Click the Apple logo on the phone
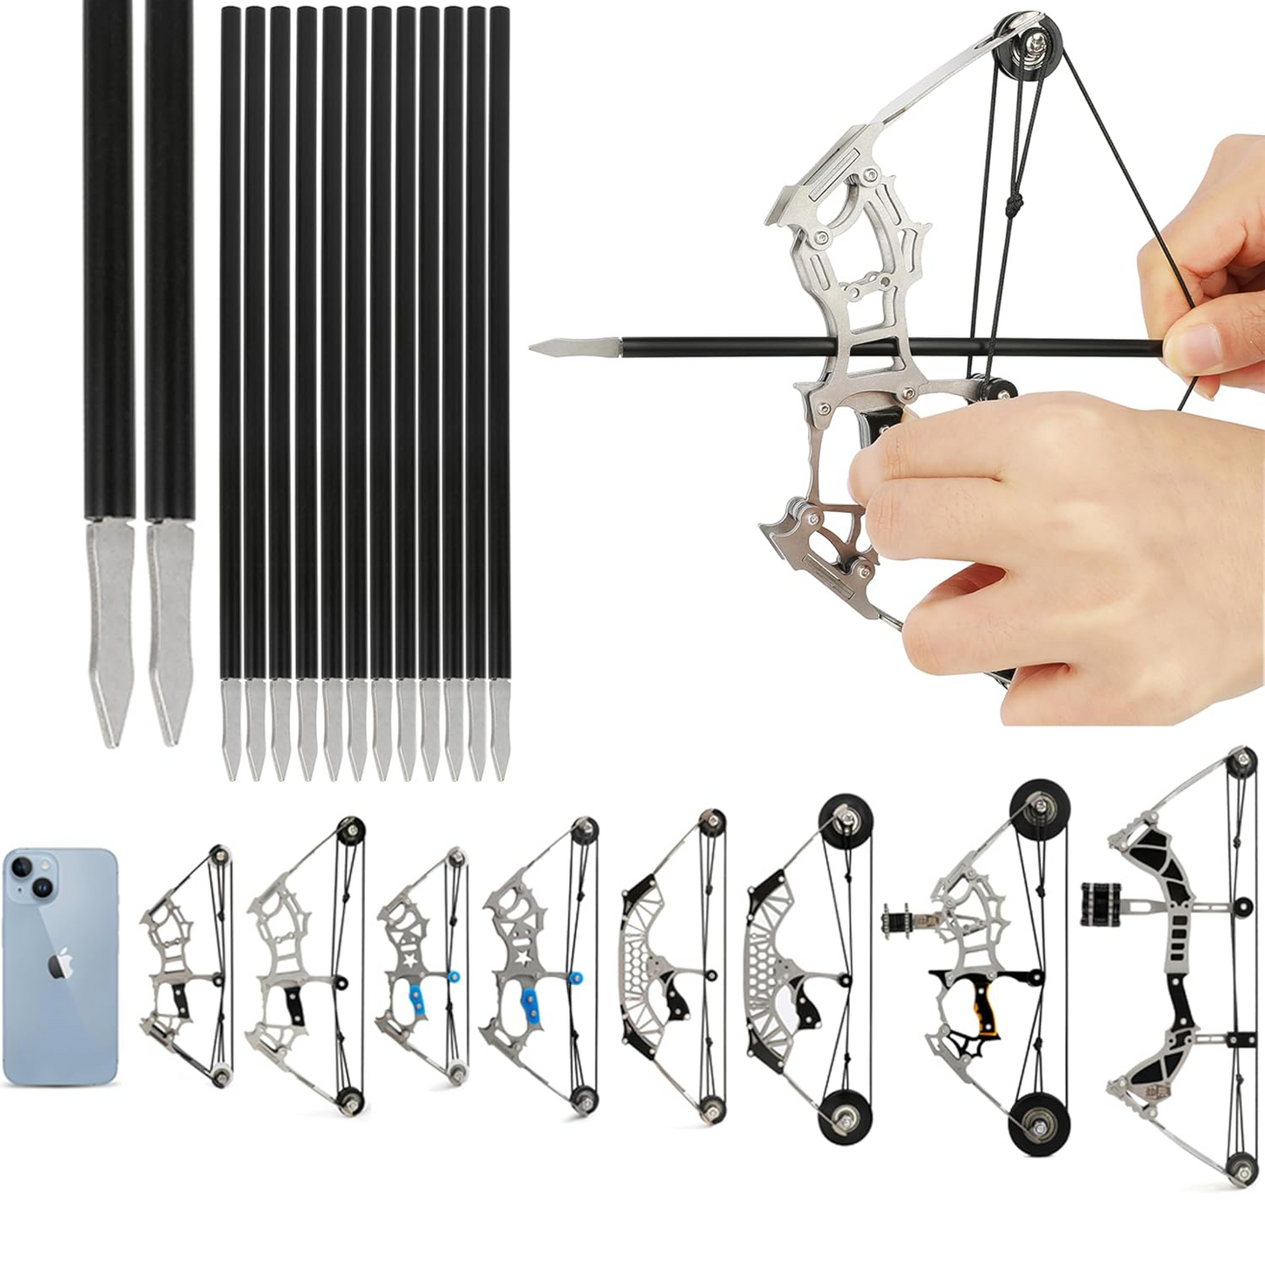60,966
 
